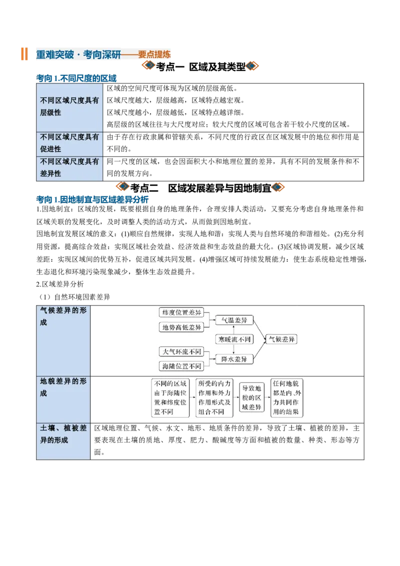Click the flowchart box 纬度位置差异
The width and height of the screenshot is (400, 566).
tap(181, 312)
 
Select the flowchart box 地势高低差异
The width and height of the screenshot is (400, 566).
tap(181, 327)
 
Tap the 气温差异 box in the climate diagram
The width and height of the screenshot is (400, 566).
tap(234, 320)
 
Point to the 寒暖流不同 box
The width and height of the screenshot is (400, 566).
tap(234, 339)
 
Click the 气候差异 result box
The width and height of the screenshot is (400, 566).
tap(281, 339)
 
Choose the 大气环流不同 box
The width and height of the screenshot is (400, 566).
tap(181, 351)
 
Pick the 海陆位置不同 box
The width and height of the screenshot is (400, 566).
tap(181, 366)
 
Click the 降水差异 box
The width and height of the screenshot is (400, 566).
tap(234, 359)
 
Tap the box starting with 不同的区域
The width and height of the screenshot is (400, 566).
tap(170, 397)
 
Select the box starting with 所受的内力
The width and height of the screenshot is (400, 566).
tap(214, 397)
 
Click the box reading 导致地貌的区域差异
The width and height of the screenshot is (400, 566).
tap(251, 397)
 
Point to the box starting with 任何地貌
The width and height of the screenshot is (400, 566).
tap(286, 397)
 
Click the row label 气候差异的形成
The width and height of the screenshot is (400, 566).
tap(63, 316)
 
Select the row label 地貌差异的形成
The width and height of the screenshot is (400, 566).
tap(63, 387)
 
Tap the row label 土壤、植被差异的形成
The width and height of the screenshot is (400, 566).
tap(63, 434)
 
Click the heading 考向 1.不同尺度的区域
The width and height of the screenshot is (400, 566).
tap(76, 78)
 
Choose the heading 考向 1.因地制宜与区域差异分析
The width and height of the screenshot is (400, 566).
tap(92, 199)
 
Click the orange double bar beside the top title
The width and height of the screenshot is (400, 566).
tap(24, 54)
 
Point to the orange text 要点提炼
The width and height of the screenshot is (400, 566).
tap(154, 54)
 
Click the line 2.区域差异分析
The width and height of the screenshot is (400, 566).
tap(60, 284)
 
